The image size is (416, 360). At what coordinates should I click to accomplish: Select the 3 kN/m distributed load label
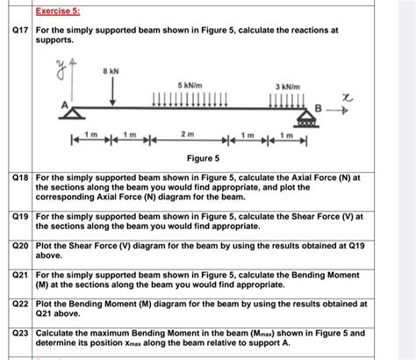pyautogui.click(x=287, y=87)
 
